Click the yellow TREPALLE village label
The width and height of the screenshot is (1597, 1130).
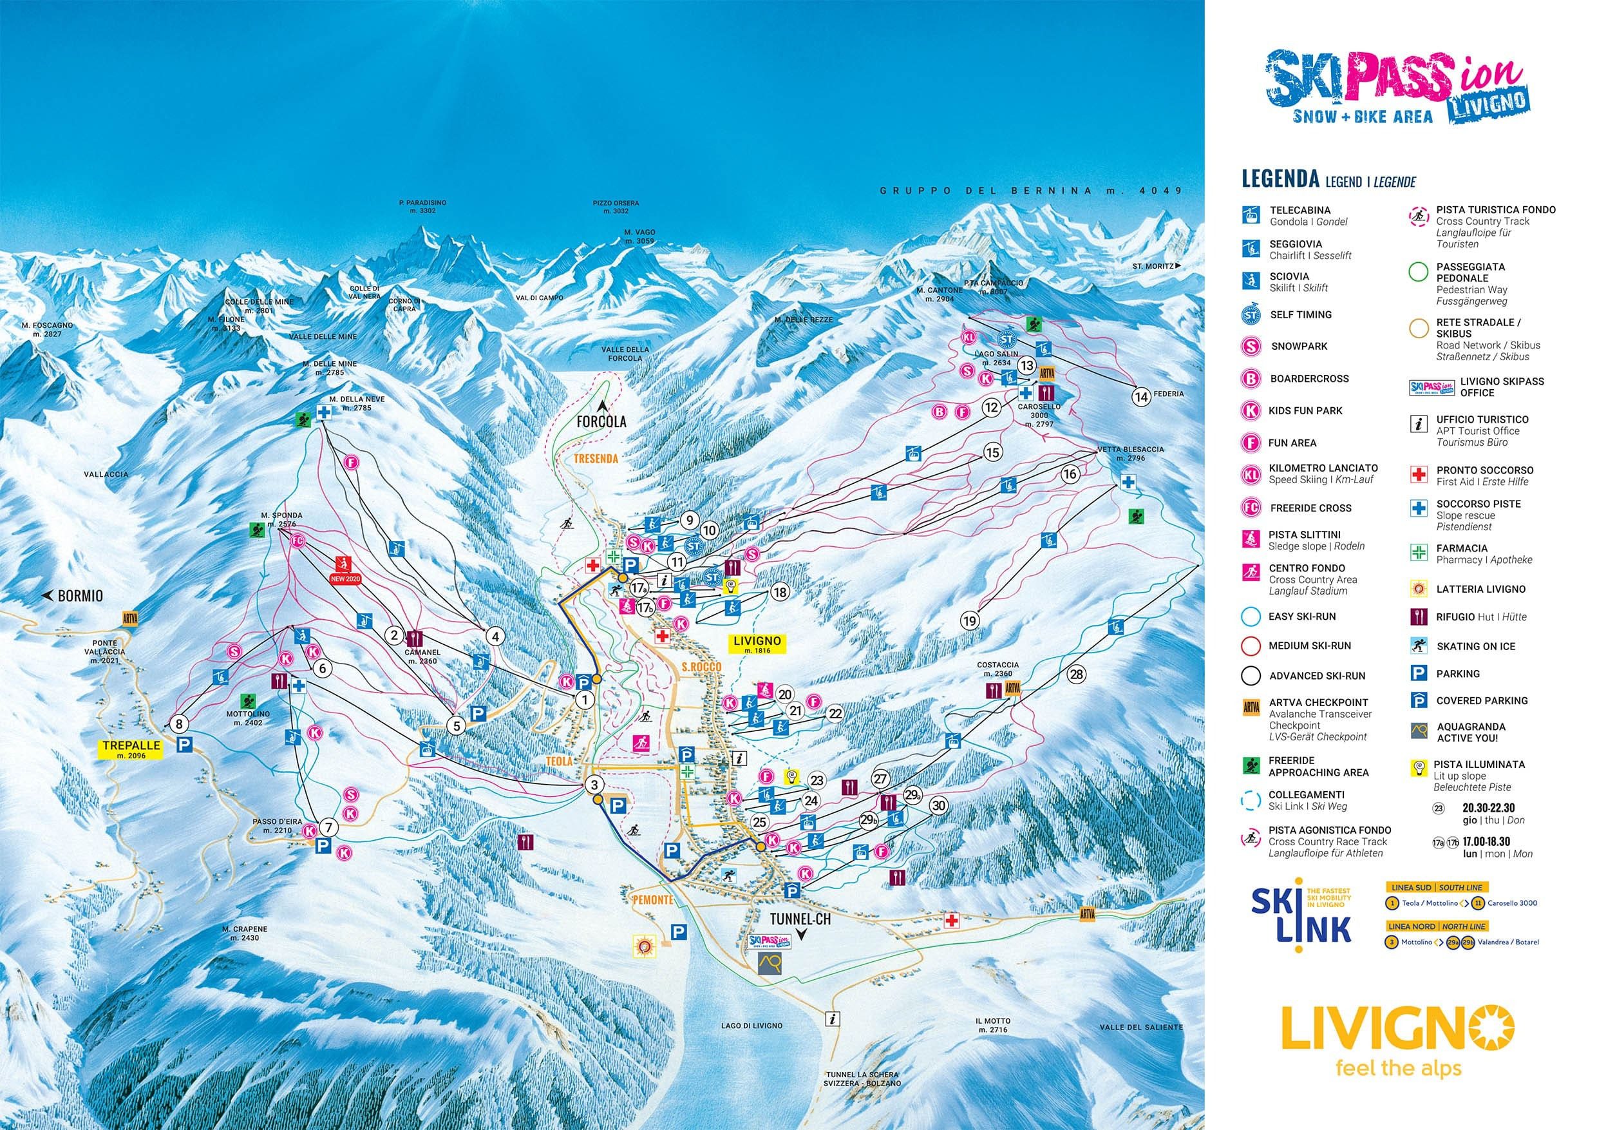pos(131,749)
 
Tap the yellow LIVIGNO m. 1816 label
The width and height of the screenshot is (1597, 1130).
pos(757,644)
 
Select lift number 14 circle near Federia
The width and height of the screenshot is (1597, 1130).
pos(1140,397)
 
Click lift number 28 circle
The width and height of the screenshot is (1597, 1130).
pos(1077,675)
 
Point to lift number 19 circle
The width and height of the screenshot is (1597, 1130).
pos(970,620)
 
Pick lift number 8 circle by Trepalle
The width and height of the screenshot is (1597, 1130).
pos(180,724)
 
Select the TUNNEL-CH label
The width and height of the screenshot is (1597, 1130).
pos(800,922)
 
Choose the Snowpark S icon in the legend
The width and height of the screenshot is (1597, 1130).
pos(1251,346)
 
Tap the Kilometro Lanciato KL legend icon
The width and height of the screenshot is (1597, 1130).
pos(1251,475)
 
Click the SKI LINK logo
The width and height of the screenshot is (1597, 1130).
pos(1301,923)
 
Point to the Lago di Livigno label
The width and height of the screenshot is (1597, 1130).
pos(752,1026)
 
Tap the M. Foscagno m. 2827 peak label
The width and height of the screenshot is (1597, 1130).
pos(46,330)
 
